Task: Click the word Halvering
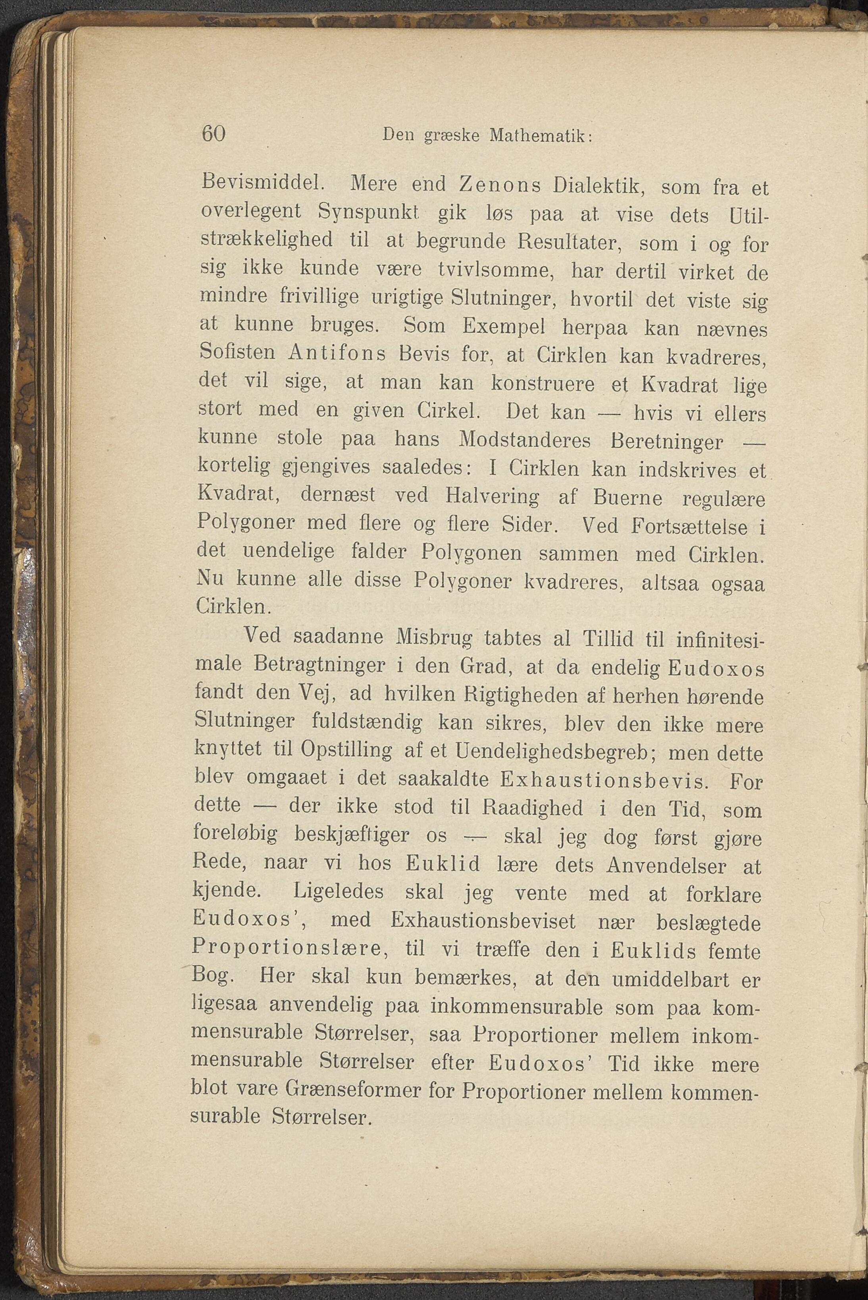pyautogui.click(x=492, y=496)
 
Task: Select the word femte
pyautogui.click(x=733, y=952)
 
